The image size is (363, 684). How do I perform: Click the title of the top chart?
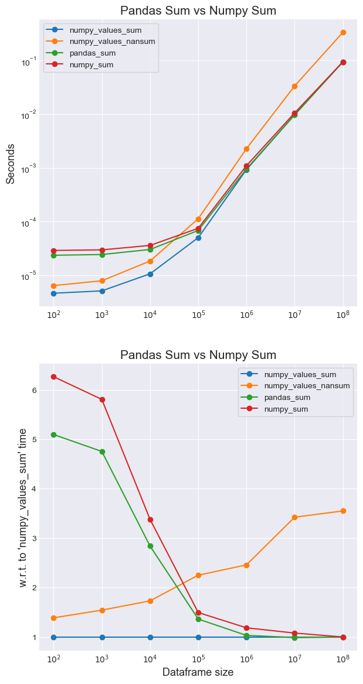[198, 11]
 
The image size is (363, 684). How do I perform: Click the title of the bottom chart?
[198, 355]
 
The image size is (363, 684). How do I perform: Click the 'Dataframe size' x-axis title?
[198, 672]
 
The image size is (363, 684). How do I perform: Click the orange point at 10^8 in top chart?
[343, 32]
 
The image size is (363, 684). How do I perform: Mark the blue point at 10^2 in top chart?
[54, 293]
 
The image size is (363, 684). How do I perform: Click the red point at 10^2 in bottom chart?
[54, 377]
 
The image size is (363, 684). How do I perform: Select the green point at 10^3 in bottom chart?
[102, 452]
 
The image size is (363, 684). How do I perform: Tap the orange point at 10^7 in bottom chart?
[294, 517]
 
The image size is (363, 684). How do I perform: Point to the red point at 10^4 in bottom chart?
[150, 519]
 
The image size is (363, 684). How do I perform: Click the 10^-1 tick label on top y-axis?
[28, 60]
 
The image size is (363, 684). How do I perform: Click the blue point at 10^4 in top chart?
[150, 274]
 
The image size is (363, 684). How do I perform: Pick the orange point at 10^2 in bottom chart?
[54, 618]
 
